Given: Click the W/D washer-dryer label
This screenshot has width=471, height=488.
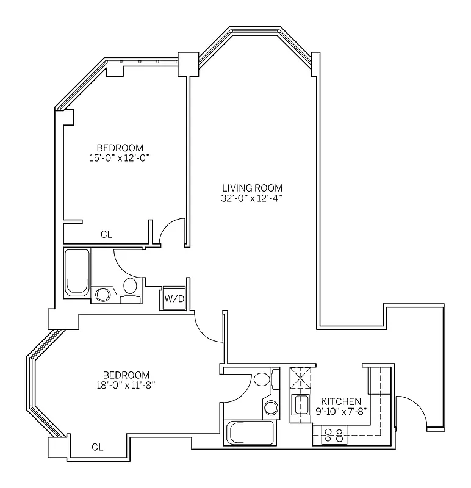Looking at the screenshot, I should click(x=174, y=298).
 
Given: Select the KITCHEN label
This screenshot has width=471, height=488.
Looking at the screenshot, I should click(x=340, y=401).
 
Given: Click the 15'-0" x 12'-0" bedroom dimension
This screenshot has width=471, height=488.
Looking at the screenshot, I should click(x=120, y=158).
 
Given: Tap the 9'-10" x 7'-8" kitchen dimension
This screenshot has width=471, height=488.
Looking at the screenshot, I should click(x=340, y=411).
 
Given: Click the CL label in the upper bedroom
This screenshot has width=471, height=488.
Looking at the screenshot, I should click(x=106, y=234).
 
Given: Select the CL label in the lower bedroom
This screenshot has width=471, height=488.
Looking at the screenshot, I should click(x=98, y=447).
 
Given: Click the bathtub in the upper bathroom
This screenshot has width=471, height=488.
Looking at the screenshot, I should click(x=77, y=272).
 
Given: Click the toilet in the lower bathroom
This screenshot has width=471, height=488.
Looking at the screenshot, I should click(x=262, y=379).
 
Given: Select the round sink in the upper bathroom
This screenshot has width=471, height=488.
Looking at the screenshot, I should click(x=104, y=295).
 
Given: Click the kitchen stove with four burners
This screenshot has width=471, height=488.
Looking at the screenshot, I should click(x=333, y=436).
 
